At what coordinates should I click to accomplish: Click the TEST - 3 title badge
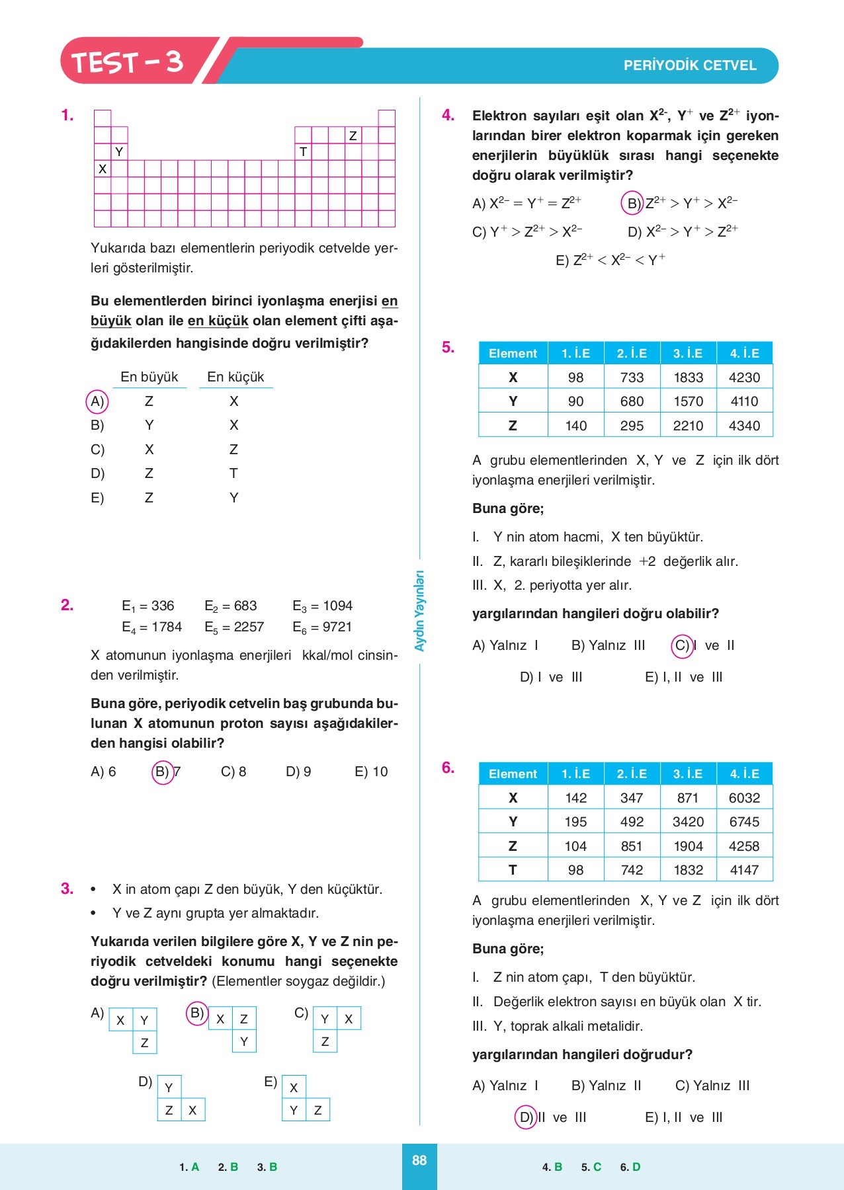(127, 61)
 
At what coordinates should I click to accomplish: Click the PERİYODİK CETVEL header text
(690, 65)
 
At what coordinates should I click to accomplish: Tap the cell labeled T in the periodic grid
(303, 152)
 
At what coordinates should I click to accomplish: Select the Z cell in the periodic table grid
(353, 136)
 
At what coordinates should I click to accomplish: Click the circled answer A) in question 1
(97, 401)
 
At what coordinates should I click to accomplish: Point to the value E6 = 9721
(322, 627)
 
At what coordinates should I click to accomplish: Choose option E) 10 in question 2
(371, 772)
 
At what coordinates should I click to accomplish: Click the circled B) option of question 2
(163, 772)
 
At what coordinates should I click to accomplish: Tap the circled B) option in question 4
(633, 203)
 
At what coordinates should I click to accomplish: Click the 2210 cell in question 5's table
(688, 426)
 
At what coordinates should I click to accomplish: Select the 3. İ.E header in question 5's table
(688, 353)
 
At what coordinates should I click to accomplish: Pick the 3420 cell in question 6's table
(688, 822)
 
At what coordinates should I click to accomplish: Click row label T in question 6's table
(513, 870)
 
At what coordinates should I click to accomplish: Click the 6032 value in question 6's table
(744, 798)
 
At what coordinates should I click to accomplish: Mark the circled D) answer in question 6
(526, 1117)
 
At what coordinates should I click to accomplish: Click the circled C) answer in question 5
(682, 645)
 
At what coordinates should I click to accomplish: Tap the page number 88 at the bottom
(419, 1160)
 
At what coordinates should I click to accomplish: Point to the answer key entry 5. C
(591, 1168)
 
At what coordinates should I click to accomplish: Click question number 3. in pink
(67, 889)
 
